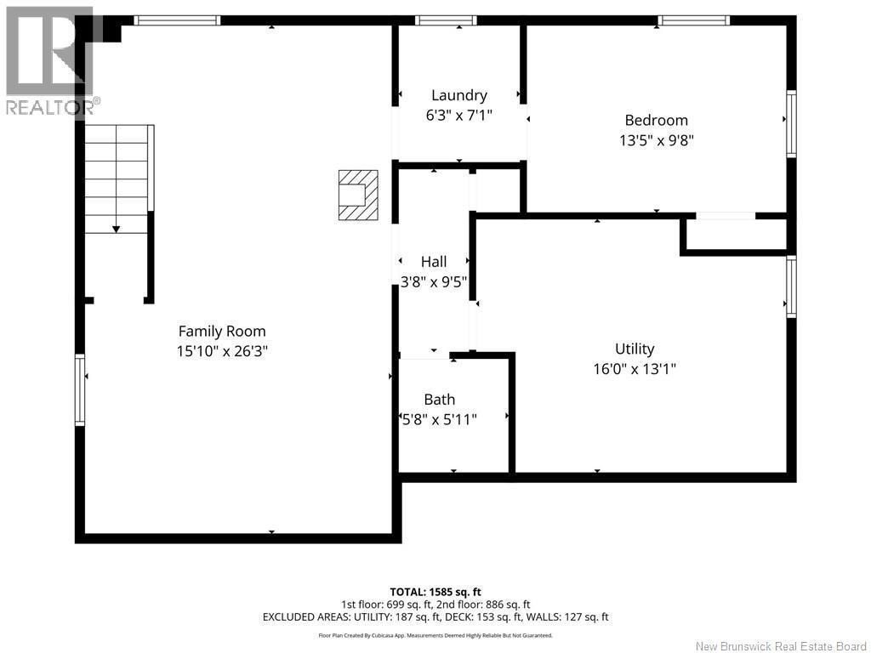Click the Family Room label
point(221,332)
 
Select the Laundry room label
point(459,95)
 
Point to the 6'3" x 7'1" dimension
point(459,114)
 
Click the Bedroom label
point(656,121)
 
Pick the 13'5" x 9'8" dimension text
point(656,140)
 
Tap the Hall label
point(434,262)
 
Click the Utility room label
point(635,349)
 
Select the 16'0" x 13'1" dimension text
point(635,369)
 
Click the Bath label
point(439,400)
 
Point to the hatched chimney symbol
point(358,196)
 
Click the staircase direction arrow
point(117,228)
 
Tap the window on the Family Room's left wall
point(80,390)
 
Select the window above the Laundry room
point(446,20)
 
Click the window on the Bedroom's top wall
point(695,20)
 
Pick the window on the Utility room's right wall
point(791,287)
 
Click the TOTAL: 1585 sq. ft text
point(435,592)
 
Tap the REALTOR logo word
point(49,107)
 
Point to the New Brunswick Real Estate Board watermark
point(780,646)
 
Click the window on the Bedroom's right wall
point(791,124)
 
